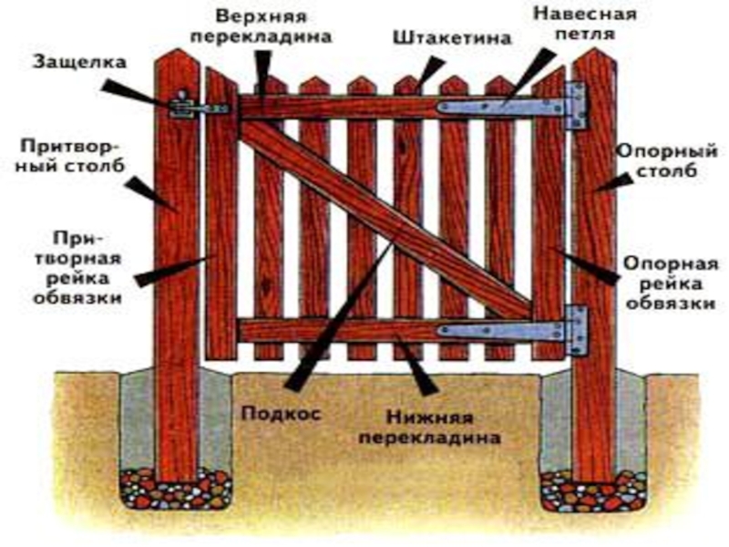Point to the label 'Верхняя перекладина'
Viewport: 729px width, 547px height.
[x=272, y=28]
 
